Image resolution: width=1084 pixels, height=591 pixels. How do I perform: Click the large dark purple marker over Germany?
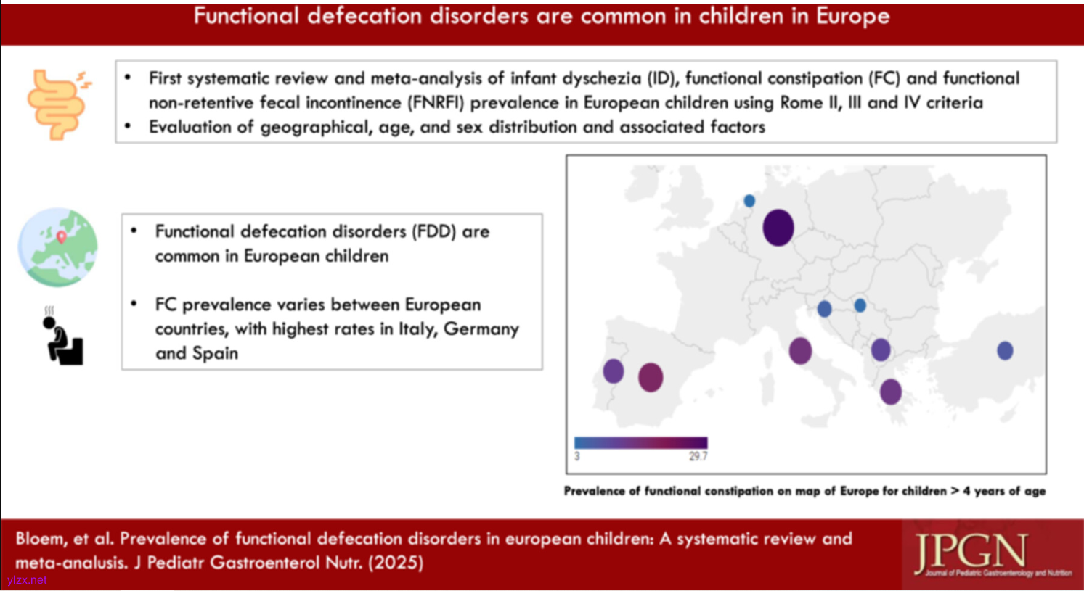coord(778,227)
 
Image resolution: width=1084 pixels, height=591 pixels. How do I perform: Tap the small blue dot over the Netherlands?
coord(749,200)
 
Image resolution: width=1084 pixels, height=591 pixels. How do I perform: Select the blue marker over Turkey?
coord(1005,351)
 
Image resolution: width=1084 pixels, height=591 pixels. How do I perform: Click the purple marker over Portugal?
coord(614,371)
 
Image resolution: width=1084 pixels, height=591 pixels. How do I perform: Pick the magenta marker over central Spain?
coord(651,378)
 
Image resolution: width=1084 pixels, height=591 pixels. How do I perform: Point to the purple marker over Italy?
coord(800,351)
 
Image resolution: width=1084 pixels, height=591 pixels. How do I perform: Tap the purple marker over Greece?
coord(891,392)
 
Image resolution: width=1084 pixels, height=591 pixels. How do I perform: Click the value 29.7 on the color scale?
coord(698,456)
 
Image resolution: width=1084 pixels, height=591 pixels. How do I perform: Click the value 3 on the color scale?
coord(577,456)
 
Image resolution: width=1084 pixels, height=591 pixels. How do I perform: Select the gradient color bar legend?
coord(640,442)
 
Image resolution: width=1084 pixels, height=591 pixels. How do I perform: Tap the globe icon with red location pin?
coord(58,247)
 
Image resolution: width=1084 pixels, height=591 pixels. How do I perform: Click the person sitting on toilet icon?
coord(62,337)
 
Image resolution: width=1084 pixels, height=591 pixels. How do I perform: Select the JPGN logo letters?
coord(972,553)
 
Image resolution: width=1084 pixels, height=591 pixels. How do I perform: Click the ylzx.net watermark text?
coord(27,580)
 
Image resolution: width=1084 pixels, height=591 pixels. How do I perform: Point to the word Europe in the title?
coord(852,16)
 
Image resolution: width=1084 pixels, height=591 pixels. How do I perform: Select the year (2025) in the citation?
coord(396,563)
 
